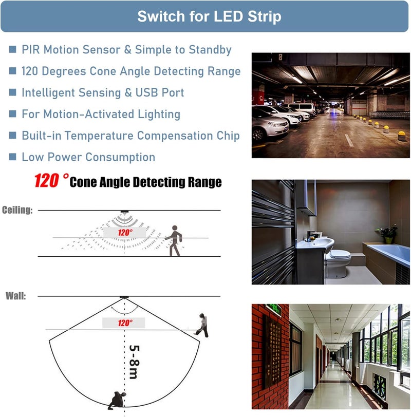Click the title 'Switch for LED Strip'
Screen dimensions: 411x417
click(209, 16)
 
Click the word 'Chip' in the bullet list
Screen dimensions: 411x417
click(228, 136)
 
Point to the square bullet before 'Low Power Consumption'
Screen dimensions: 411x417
click(12, 157)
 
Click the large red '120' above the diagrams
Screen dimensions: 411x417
click(47, 181)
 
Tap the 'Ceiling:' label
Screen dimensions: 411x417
click(17, 210)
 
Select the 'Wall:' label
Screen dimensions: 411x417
click(16, 296)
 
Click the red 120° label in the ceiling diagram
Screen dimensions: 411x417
click(125, 233)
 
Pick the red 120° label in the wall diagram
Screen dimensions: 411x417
click(125, 323)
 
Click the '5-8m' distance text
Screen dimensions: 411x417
click(134, 362)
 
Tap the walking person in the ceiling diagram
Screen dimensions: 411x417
click(174, 241)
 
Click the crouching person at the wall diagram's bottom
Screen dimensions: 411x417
click(117, 400)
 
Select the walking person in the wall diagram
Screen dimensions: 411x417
click(202, 325)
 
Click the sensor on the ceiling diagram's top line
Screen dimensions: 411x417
click(124, 212)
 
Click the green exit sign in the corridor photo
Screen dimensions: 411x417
click(274, 310)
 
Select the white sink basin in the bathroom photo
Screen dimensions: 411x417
click(315, 243)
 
